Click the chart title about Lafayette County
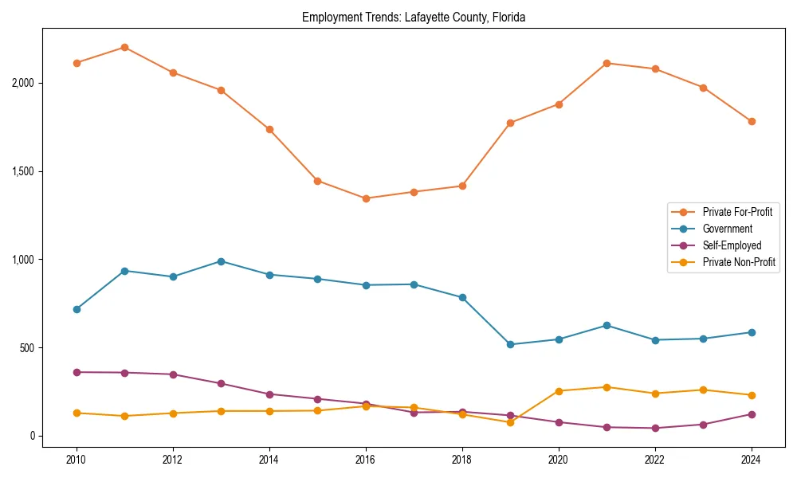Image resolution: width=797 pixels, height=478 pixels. [414, 17]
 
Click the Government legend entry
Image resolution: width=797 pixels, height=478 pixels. [727, 229]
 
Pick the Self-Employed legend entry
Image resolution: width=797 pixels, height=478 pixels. [732, 245]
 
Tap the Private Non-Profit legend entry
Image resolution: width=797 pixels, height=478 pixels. [739, 262]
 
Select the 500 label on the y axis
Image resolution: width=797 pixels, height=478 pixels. [29, 348]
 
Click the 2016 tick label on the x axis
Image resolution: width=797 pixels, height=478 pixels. [365, 460]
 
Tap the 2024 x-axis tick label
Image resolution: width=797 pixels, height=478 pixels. [751, 460]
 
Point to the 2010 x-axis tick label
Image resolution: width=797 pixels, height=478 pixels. [77, 460]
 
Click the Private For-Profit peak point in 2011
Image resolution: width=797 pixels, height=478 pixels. [124, 47]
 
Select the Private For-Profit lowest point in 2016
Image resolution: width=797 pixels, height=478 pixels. [365, 198]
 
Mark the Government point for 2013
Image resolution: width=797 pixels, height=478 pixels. [221, 261]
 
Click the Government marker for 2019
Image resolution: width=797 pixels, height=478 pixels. [510, 344]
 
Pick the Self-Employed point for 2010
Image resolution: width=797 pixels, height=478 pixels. [77, 372]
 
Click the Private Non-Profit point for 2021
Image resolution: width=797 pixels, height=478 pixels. [607, 387]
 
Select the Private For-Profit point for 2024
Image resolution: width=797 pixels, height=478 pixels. [751, 121]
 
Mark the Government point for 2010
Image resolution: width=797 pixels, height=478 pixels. [77, 309]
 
